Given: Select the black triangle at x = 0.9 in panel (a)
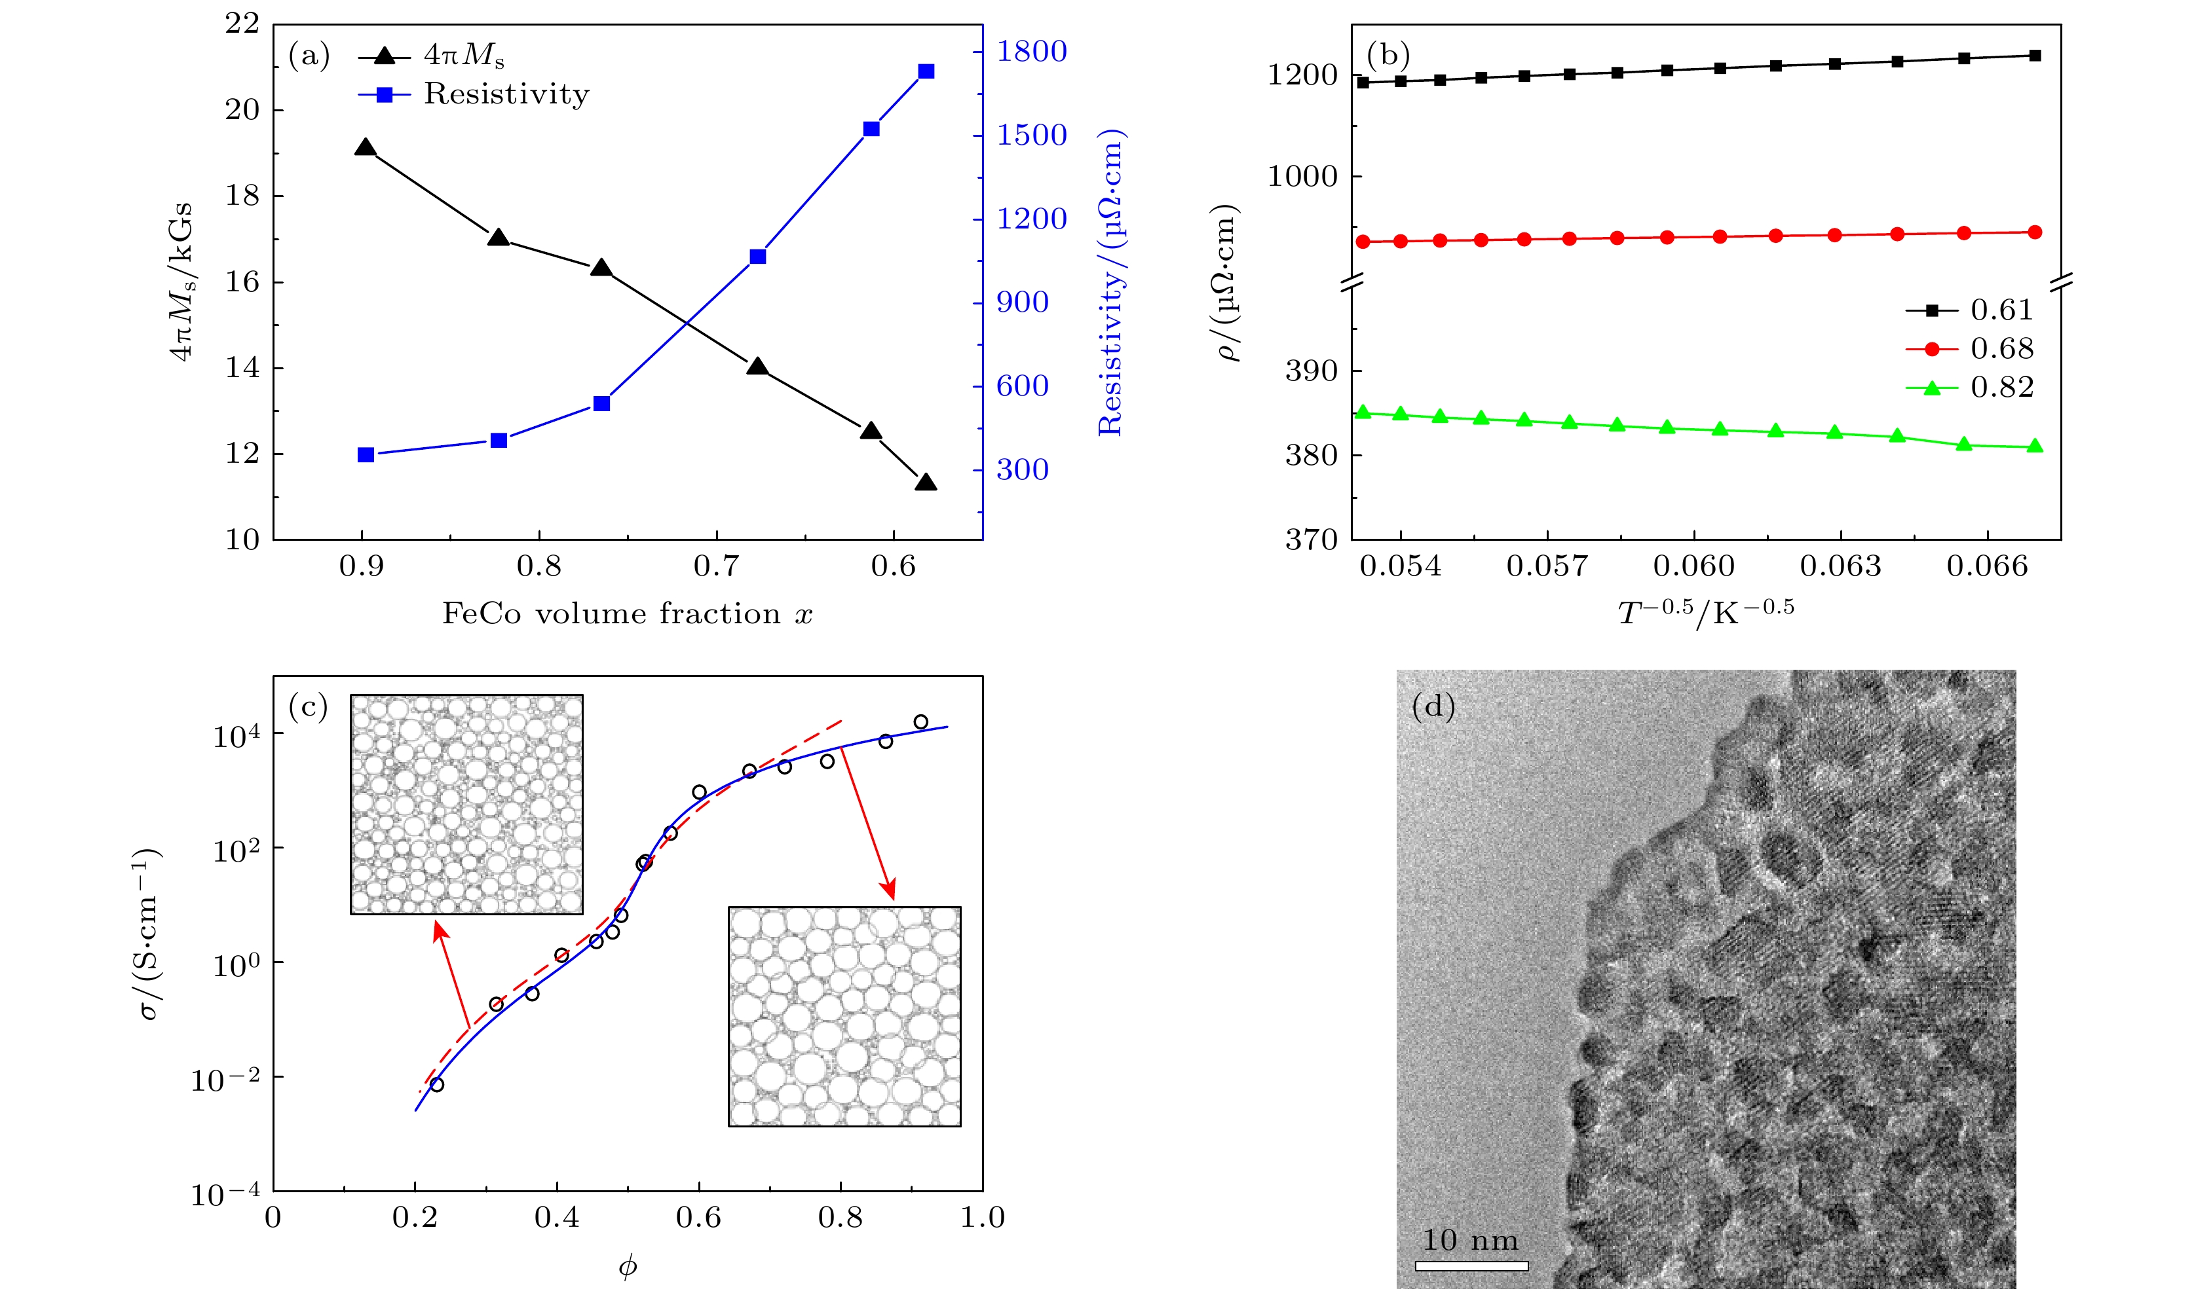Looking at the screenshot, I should point(366,147).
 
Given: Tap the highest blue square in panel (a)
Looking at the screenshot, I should point(926,71).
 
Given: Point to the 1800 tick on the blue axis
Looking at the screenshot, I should point(1032,52).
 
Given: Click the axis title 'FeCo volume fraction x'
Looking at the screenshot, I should point(627,613).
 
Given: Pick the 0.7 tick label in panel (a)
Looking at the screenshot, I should point(717,566).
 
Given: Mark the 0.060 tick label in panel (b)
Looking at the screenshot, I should point(1693,566).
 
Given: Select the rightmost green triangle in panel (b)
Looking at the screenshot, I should point(2035,446).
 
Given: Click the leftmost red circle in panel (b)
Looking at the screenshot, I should point(1363,242).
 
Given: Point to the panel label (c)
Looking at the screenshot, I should point(308,706).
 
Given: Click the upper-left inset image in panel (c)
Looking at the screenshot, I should point(466,804).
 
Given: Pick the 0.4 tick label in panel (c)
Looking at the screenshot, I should point(557,1217).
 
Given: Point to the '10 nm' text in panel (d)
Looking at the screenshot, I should point(1470,1240).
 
